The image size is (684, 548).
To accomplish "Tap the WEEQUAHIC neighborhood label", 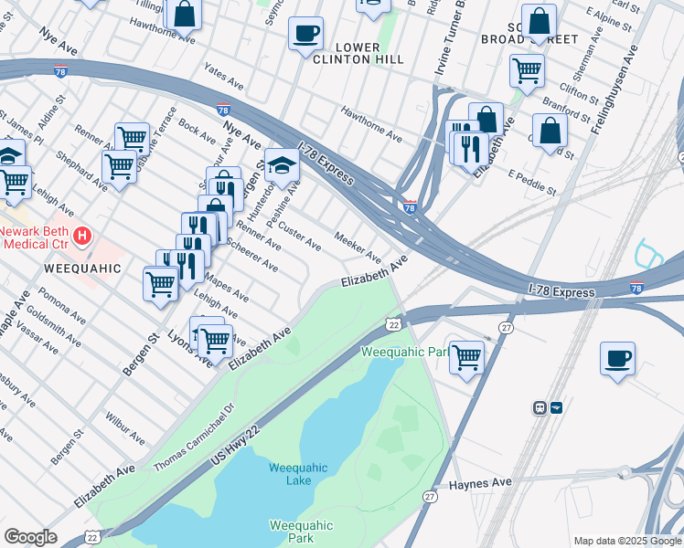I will (x=83, y=269).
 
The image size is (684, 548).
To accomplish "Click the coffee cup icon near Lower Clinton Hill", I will (x=305, y=35).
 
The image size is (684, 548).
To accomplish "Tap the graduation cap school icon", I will (x=283, y=165).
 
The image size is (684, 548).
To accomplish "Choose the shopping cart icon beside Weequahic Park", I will (x=466, y=357).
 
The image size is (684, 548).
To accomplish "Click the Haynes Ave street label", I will (x=479, y=484).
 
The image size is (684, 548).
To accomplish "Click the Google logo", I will (x=30, y=536).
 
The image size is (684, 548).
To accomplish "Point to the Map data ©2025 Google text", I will (x=627, y=541).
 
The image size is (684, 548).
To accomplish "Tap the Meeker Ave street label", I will (x=358, y=245).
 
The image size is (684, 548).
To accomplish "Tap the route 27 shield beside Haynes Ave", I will (x=430, y=496).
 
